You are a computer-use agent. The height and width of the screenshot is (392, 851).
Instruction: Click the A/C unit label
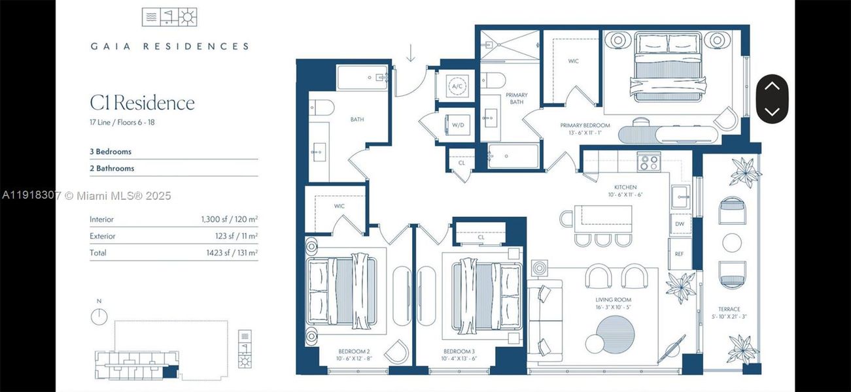[457, 86]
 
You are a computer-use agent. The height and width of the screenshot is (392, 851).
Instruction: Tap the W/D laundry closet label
[457, 125]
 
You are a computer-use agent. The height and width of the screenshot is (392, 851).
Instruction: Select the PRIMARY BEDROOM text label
[585, 125]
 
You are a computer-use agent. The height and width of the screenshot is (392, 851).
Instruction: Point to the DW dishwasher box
[678, 223]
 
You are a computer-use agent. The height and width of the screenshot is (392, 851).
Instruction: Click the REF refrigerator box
[678, 253]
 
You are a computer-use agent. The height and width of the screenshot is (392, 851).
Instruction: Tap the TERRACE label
[729, 309]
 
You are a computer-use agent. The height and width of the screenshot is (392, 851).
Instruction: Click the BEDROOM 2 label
[354, 351]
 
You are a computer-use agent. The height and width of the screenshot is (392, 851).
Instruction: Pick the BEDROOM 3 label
[458, 351]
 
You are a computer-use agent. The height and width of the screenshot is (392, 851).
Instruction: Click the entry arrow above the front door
[410, 52]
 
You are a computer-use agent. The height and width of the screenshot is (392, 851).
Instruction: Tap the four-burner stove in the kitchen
[649, 161]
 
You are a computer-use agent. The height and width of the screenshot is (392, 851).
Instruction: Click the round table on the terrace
[732, 242]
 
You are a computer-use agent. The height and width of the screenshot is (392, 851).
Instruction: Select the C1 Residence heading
[142, 103]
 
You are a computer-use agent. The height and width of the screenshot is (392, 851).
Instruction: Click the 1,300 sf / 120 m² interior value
[229, 220]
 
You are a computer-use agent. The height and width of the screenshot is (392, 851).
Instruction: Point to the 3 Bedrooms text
[111, 152]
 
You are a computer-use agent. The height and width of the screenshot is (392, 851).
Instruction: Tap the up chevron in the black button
[772, 86]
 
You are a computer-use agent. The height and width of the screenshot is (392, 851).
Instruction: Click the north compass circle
[99, 316]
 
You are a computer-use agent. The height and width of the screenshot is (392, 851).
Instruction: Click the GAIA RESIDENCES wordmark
[169, 46]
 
